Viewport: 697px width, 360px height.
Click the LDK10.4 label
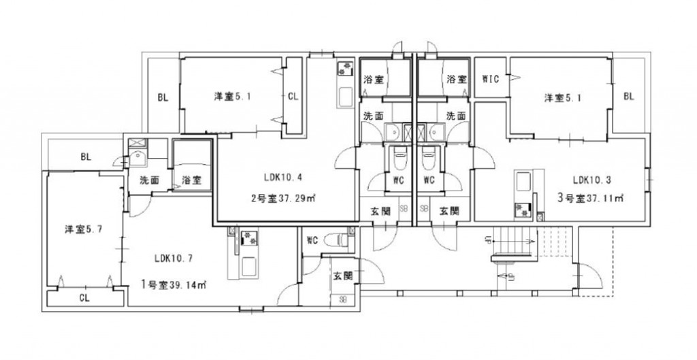coord(283,178)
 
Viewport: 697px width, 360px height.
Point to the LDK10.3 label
coord(591,180)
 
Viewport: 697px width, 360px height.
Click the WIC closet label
coord(490,79)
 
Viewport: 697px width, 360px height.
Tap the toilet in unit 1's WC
coord(334,240)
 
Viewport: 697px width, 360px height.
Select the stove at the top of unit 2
coord(342,69)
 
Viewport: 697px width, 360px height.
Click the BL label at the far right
coord(628,97)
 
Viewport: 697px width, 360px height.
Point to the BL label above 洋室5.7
coord(86,157)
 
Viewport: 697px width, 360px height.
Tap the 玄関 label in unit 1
coord(342,276)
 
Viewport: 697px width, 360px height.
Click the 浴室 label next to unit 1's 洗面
coord(191,180)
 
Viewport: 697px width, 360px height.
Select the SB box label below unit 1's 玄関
coord(342,299)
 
